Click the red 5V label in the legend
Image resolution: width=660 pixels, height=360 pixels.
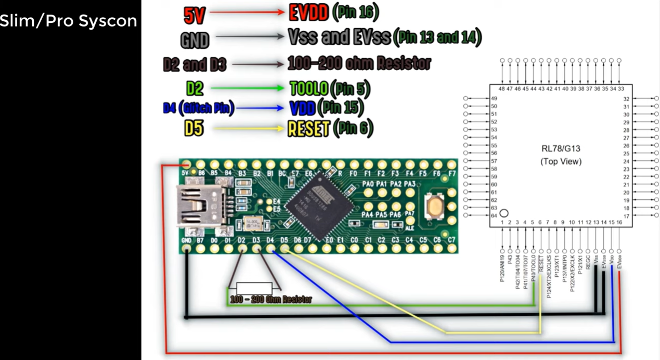tap(195, 15)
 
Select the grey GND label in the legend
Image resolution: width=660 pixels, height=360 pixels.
tap(195, 40)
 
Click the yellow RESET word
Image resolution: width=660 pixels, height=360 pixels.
tap(308, 128)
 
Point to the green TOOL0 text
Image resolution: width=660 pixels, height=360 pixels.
tap(309, 88)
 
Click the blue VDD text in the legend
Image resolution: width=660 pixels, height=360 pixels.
tap(302, 108)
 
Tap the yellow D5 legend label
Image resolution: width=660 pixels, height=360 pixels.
tap(193, 128)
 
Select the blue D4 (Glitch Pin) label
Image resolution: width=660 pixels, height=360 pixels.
tap(198, 108)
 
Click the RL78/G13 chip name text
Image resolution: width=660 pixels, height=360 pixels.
tap(561, 148)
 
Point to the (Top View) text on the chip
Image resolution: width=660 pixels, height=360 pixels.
tap(561, 161)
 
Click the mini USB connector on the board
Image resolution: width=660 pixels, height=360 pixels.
tap(200, 206)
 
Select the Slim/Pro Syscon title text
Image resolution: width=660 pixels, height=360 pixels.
tap(68, 21)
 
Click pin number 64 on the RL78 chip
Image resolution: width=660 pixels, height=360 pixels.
tap(494, 215)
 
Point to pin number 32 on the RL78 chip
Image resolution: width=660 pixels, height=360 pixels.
tap(627, 99)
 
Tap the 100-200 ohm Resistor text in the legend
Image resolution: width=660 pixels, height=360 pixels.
tap(359, 64)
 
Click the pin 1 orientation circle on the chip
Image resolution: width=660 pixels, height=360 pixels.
tap(503, 213)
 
